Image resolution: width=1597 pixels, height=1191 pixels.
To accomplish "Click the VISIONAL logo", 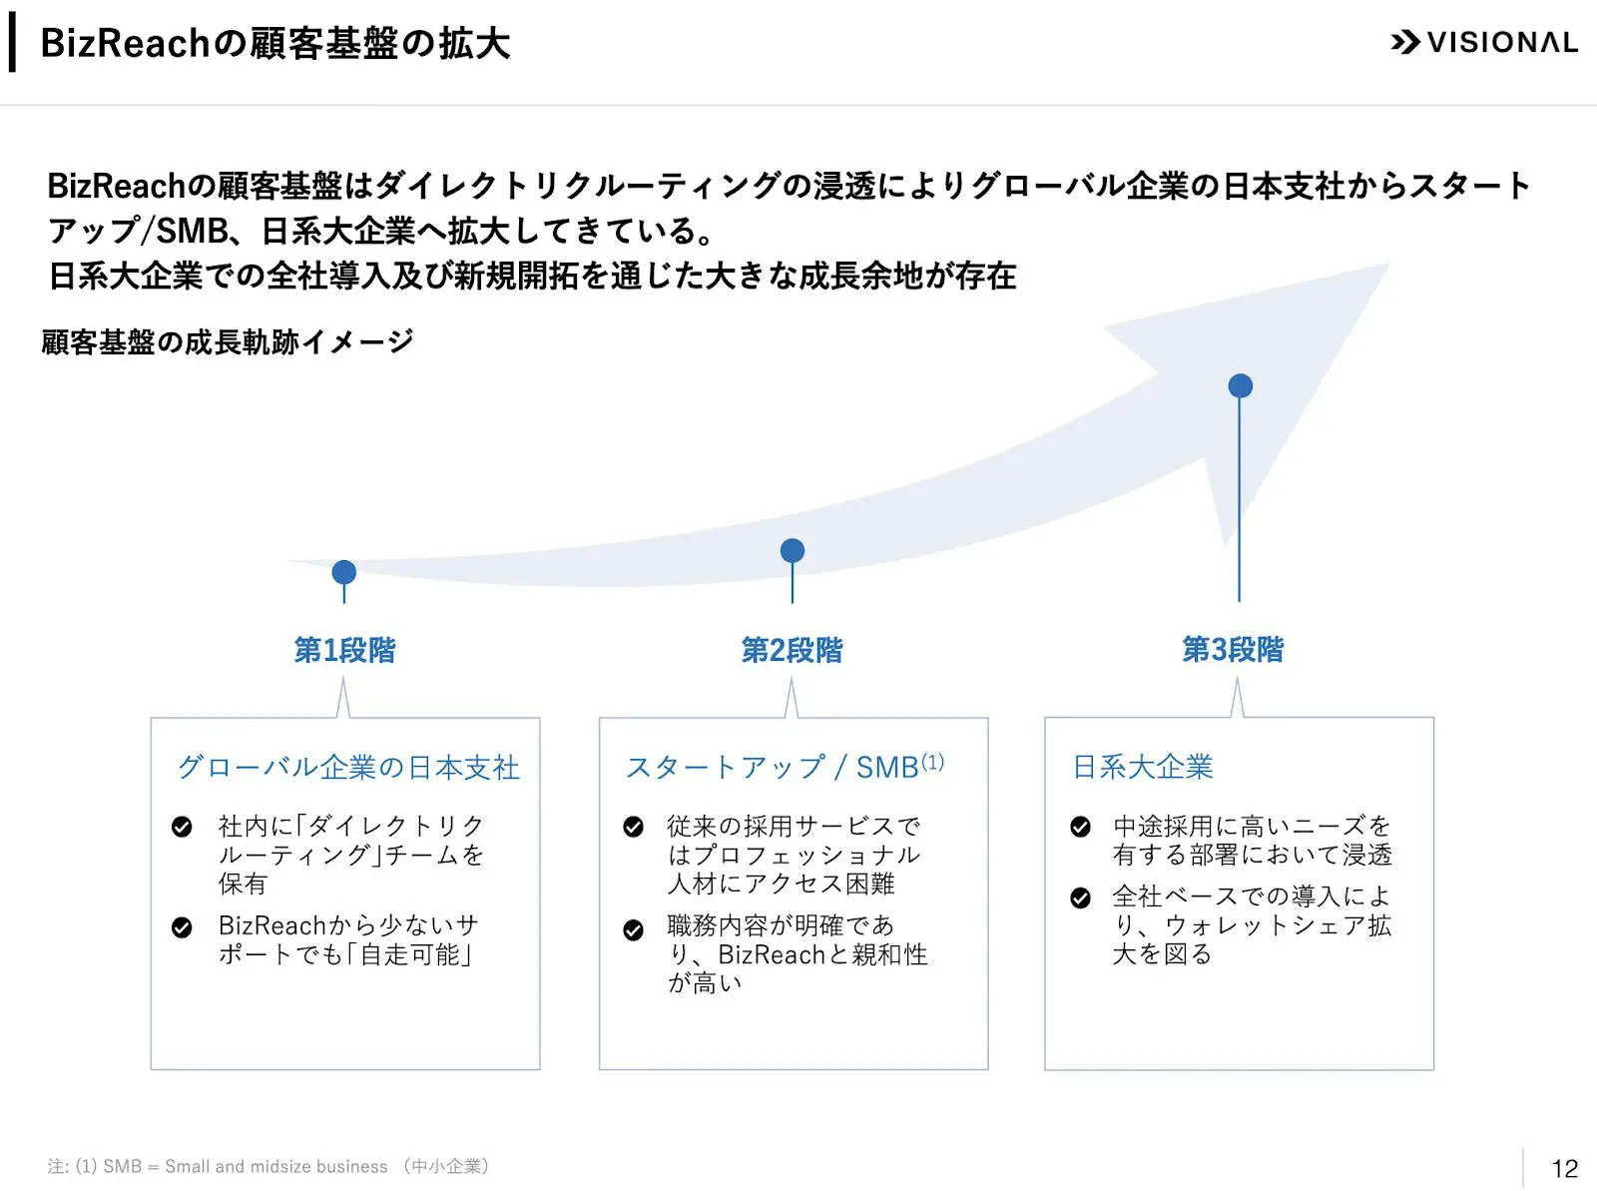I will coord(1483,42).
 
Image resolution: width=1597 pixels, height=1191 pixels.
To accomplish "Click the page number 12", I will coord(1564,1168).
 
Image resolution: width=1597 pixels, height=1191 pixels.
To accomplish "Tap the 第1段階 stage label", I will coord(344,650).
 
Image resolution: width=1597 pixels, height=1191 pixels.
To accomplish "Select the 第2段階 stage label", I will coord(792,650).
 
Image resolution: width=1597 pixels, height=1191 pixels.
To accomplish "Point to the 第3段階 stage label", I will coord(1233,649).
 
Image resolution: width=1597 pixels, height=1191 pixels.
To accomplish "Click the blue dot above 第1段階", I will coord(344,572).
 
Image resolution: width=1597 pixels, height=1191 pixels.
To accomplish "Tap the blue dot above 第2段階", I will coord(793,550).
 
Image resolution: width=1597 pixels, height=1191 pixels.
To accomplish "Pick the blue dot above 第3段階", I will coord(1240,385).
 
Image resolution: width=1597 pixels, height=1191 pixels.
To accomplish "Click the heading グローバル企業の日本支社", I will coord(348,767).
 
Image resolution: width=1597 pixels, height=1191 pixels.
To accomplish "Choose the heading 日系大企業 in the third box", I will coord(1143,767).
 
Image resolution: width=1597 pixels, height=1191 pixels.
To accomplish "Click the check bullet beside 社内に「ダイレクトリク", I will coord(182,827).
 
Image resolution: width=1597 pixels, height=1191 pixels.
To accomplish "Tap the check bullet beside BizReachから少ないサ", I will coord(182,927).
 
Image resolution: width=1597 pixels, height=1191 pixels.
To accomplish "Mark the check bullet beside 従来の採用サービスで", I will coord(633,827).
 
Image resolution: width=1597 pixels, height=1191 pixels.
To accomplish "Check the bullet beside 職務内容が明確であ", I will coord(633,930).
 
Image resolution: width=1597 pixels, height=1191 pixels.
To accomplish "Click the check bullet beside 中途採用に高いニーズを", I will coord(1080,827).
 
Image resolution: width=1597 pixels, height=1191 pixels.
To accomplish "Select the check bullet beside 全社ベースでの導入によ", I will coord(1080,897).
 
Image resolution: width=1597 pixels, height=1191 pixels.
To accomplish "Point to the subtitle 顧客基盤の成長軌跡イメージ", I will coord(228,342).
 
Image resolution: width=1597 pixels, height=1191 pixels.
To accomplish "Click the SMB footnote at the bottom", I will coord(267,1166).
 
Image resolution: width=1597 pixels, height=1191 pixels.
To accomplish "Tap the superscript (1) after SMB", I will coord(932,762).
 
